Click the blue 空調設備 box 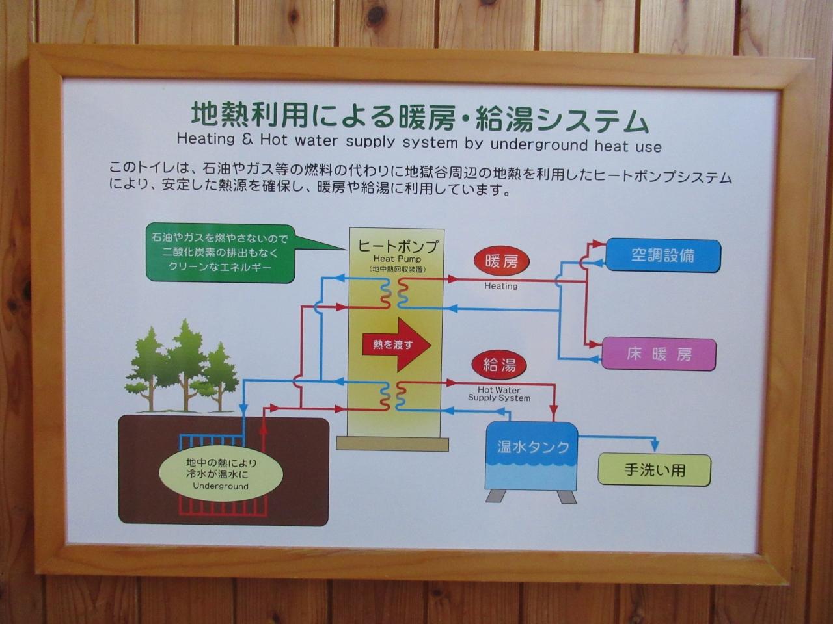[x=662, y=255]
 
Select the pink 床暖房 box [x=659, y=354]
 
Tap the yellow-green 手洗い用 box [x=654, y=469]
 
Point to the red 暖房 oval [x=501, y=262]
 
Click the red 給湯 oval [x=499, y=365]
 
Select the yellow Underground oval [x=221, y=474]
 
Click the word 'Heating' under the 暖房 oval [x=501, y=286]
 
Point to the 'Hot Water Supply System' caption [x=499, y=395]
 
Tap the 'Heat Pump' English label [x=397, y=259]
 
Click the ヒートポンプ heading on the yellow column [x=398, y=246]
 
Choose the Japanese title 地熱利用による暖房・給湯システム [x=420, y=118]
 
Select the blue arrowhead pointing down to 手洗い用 [x=655, y=446]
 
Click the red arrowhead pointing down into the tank [x=554, y=415]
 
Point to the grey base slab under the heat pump [x=392, y=444]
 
